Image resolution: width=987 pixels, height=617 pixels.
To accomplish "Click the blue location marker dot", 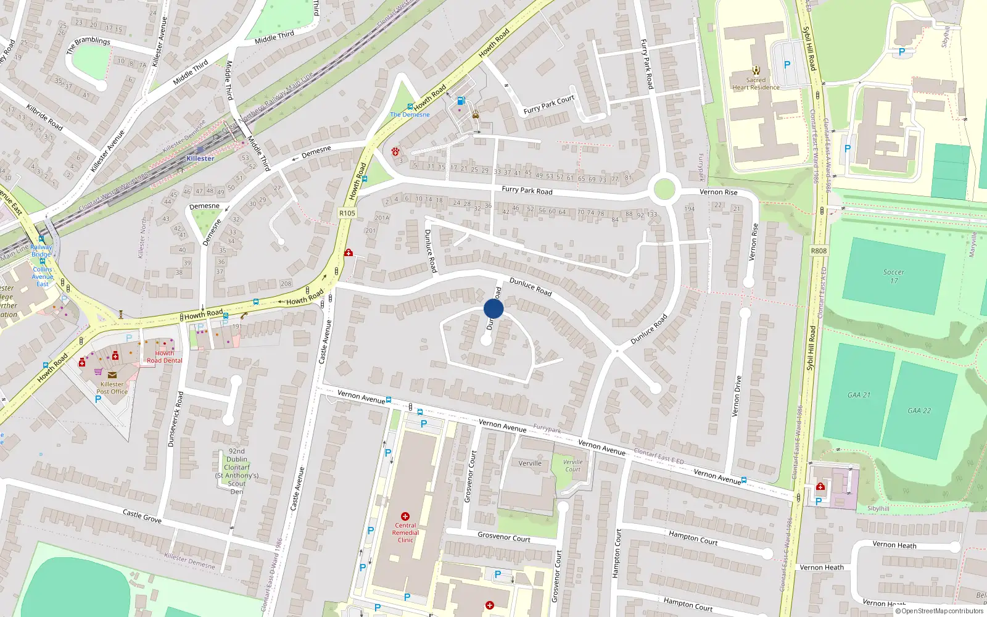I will point(493,308).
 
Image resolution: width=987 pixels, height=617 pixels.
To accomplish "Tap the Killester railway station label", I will point(200,159).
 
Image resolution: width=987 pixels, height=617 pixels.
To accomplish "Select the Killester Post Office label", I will point(112,387).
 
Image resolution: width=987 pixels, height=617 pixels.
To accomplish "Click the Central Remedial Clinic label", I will point(405,532).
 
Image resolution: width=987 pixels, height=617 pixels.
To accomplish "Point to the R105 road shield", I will point(347,213).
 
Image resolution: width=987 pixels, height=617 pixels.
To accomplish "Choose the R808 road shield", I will point(819,251).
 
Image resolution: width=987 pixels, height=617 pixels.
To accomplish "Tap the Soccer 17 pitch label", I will point(893,276).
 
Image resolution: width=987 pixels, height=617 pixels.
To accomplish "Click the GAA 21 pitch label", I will point(859,395).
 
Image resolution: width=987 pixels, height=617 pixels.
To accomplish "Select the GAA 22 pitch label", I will point(919,410).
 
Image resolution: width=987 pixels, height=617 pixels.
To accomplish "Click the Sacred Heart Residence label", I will point(756,83).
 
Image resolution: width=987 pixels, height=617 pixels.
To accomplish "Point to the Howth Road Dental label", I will point(165,357).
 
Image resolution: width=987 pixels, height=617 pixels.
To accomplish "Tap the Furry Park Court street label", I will point(548,105).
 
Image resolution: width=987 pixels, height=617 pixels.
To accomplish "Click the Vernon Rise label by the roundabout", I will point(718,192).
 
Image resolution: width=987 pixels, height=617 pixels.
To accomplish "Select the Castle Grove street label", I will point(142,516).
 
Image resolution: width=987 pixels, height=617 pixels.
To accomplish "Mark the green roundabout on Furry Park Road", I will point(664,189).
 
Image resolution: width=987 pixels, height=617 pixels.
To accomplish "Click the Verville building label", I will point(530,463).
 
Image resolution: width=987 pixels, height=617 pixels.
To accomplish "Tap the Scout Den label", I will point(237,471).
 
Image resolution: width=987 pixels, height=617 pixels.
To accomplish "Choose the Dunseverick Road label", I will point(176,419).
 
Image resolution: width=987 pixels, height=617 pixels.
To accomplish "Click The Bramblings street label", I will point(88,44).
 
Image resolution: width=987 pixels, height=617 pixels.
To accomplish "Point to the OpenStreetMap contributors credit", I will point(940,611).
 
